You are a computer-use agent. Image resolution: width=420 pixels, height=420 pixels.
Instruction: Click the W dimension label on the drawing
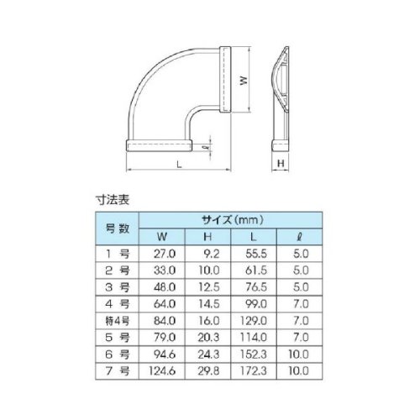(x=244, y=81)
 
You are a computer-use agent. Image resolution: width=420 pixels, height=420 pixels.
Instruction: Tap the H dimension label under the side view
(x=281, y=163)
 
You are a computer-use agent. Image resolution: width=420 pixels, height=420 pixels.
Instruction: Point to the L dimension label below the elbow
(x=179, y=164)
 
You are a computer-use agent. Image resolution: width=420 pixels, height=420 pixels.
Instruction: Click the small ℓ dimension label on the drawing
(x=207, y=147)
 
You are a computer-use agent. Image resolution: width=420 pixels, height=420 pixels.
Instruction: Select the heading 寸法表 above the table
(x=113, y=200)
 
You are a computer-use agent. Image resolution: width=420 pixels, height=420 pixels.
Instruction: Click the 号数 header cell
(x=118, y=228)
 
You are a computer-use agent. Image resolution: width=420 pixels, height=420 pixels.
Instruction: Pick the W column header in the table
(x=162, y=237)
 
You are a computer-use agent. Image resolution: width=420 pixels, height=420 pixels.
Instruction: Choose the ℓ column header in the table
(x=299, y=237)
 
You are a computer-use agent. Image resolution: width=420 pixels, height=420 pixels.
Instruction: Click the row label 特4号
(x=118, y=321)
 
